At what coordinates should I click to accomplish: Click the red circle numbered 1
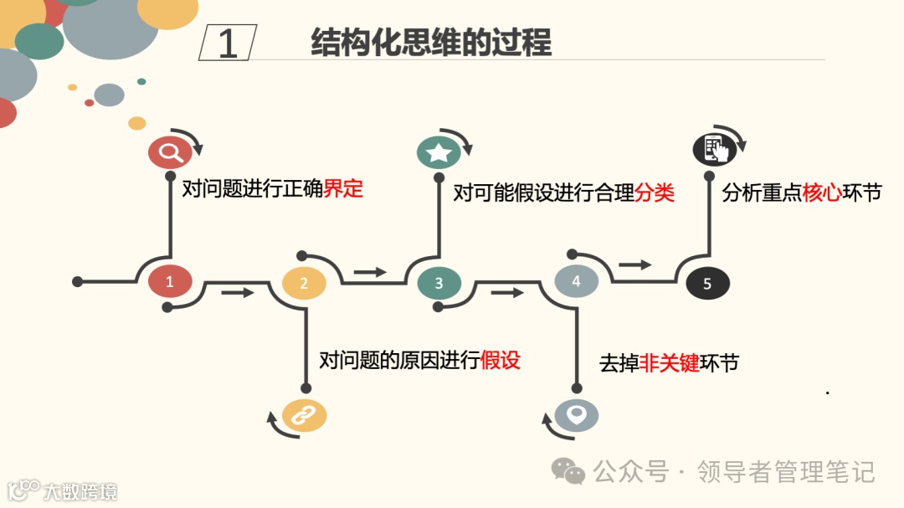[170, 281]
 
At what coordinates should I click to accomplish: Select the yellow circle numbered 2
[304, 283]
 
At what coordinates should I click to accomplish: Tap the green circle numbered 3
[439, 283]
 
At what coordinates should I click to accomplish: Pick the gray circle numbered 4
[576, 281]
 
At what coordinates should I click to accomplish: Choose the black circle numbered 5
[707, 284]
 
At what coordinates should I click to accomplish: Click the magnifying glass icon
[171, 152]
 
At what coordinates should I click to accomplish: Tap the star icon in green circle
[439, 152]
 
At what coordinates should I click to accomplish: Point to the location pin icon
[577, 415]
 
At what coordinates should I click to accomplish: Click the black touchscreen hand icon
[714, 151]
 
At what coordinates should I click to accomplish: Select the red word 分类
[654, 193]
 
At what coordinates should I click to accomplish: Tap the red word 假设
[501, 360]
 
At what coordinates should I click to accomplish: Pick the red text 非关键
[669, 363]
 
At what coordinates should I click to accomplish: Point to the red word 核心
[822, 192]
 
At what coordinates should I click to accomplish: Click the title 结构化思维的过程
[431, 43]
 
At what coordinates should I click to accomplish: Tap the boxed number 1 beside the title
[228, 43]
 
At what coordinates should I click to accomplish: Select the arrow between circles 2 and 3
[370, 271]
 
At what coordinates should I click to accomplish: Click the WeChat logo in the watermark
[568, 471]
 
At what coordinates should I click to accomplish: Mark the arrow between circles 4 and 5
[635, 264]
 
